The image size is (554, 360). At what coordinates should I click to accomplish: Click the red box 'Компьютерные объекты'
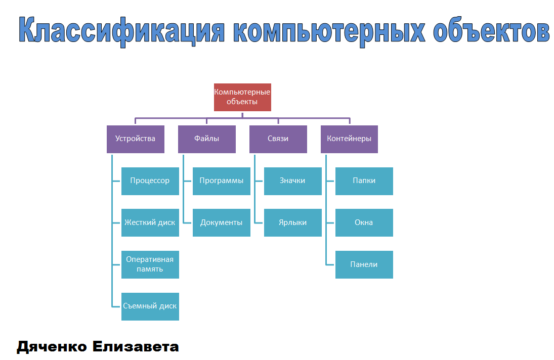pyautogui.click(x=242, y=97)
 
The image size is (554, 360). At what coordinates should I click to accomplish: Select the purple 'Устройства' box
pyautogui.click(x=135, y=139)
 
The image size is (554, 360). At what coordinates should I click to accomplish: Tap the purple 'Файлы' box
pyautogui.click(x=206, y=139)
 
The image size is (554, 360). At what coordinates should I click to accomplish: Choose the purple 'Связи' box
pyautogui.click(x=278, y=139)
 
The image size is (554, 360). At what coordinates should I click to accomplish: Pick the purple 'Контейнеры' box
pyautogui.click(x=349, y=139)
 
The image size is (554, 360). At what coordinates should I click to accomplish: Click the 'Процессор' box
pyautogui.click(x=150, y=181)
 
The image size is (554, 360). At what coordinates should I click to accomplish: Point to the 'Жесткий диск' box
pyautogui.click(x=150, y=222)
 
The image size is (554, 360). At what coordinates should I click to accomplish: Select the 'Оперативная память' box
pyautogui.click(x=150, y=264)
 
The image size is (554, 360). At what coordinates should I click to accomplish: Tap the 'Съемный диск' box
pyautogui.click(x=150, y=306)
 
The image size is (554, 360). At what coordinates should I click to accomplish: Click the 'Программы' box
pyautogui.click(x=221, y=181)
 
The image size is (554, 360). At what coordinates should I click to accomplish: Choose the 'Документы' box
pyautogui.click(x=221, y=222)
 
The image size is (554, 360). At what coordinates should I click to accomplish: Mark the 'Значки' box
pyautogui.click(x=292, y=181)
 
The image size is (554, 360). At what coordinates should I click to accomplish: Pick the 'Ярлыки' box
pyautogui.click(x=292, y=222)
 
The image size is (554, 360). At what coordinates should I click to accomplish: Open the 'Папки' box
pyautogui.click(x=364, y=181)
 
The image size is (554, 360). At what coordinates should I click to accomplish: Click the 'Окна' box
pyautogui.click(x=364, y=222)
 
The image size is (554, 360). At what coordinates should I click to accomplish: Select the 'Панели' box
pyautogui.click(x=364, y=264)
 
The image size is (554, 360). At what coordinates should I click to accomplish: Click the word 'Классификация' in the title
pyautogui.click(x=121, y=31)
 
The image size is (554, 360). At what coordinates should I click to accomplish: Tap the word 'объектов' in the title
pyautogui.click(x=491, y=31)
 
